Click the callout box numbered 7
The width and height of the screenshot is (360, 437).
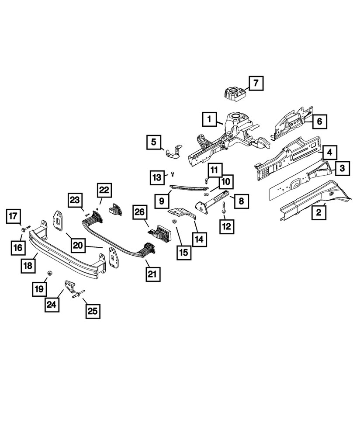pyautogui.click(x=256, y=83)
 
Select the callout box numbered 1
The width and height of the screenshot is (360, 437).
pyautogui.click(x=209, y=118)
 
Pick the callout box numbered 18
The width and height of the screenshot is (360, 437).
pyautogui.click(x=28, y=265)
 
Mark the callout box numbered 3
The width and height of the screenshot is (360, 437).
pyautogui.click(x=342, y=168)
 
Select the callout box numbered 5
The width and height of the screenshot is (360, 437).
pyautogui.click(x=153, y=142)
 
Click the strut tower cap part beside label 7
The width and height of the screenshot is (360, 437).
pyautogui.click(x=235, y=94)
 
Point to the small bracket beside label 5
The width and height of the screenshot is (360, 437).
pyautogui.click(x=173, y=151)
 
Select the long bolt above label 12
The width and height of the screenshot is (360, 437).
pyautogui.click(x=224, y=206)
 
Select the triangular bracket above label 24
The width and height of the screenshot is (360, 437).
pyautogui.click(x=68, y=287)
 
